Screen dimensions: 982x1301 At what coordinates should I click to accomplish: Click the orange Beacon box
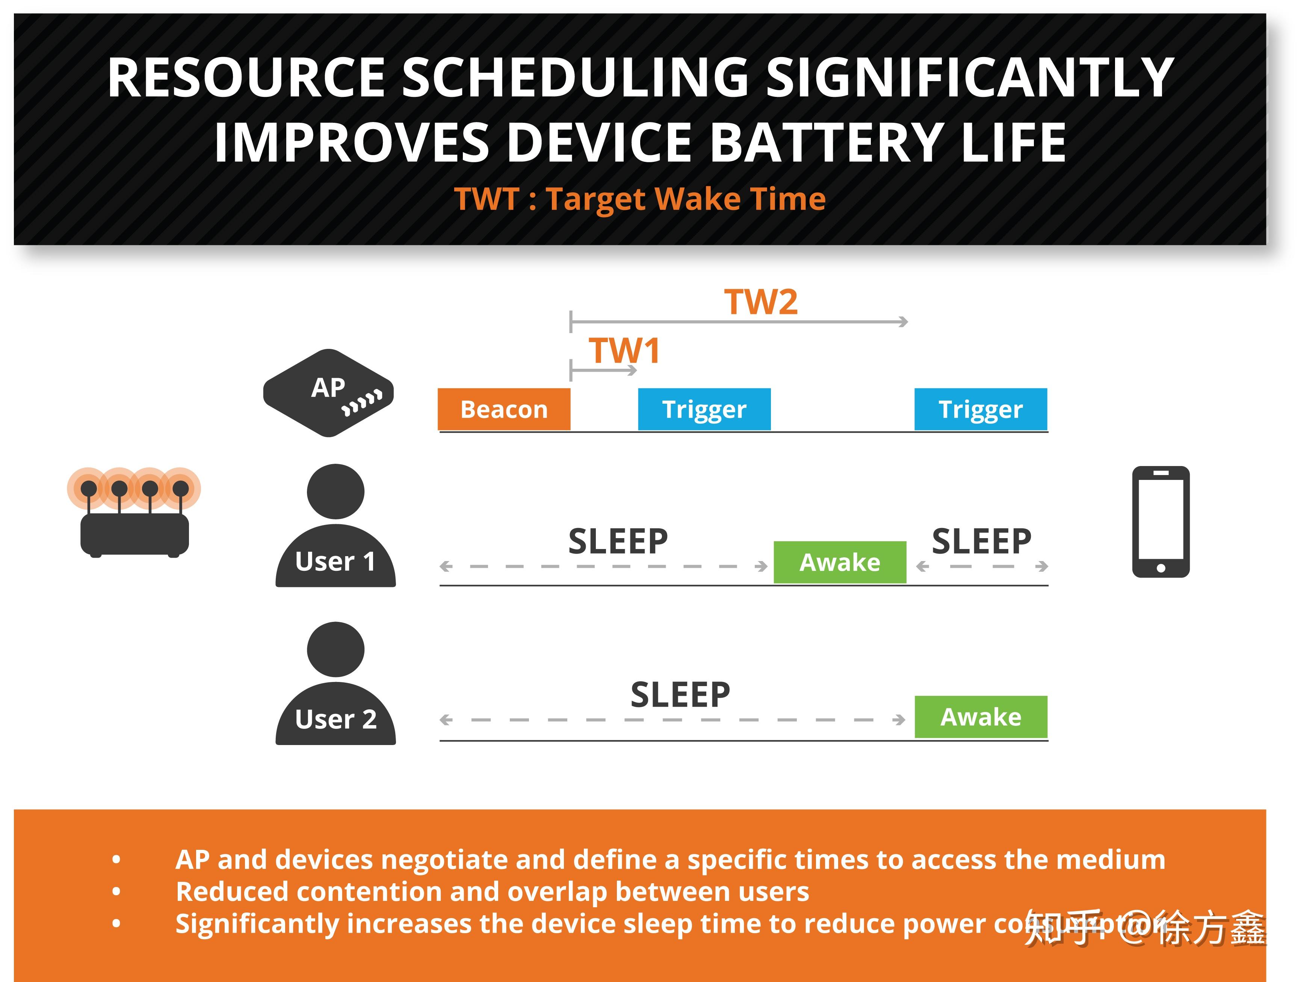pyautogui.click(x=504, y=409)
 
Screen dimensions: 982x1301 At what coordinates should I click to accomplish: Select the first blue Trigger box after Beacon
pyautogui.click(x=704, y=409)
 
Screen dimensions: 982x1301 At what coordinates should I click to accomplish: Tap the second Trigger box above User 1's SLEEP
pyautogui.click(x=981, y=409)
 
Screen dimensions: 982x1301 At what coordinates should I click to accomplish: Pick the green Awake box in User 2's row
pyautogui.click(x=981, y=717)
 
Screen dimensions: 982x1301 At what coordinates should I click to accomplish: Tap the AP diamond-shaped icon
pyautogui.click(x=328, y=393)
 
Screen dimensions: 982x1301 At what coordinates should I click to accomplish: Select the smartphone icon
pyautogui.click(x=1160, y=522)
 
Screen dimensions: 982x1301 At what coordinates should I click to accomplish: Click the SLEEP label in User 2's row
pyautogui.click(x=680, y=695)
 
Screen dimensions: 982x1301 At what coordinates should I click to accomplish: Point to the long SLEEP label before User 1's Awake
pyautogui.click(x=618, y=542)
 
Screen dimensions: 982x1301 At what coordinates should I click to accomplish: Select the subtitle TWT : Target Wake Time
pyautogui.click(x=640, y=199)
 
